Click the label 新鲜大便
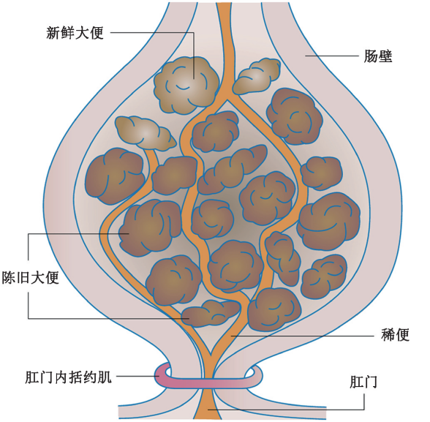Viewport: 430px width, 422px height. click(75, 33)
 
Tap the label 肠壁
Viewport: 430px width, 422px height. click(378, 56)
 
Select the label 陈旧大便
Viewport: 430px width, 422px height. click(31, 277)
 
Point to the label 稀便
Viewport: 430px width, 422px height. click(395, 334)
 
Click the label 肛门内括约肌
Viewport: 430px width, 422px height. click(68, 377)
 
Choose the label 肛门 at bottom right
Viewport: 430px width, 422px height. click(363, 382)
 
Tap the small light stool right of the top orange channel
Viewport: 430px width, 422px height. click(257, 76)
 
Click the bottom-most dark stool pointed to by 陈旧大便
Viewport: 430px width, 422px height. click(211, 313)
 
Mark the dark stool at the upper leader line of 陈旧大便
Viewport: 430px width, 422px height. click(150, 228)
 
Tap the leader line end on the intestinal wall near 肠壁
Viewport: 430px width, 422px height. click(306, 56)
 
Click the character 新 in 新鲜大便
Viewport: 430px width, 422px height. click(53, 33)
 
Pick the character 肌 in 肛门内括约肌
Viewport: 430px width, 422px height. click(105, 377)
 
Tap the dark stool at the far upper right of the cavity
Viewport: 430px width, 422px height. click(294, 116)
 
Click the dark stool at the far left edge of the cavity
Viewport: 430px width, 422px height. click(115, 176)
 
